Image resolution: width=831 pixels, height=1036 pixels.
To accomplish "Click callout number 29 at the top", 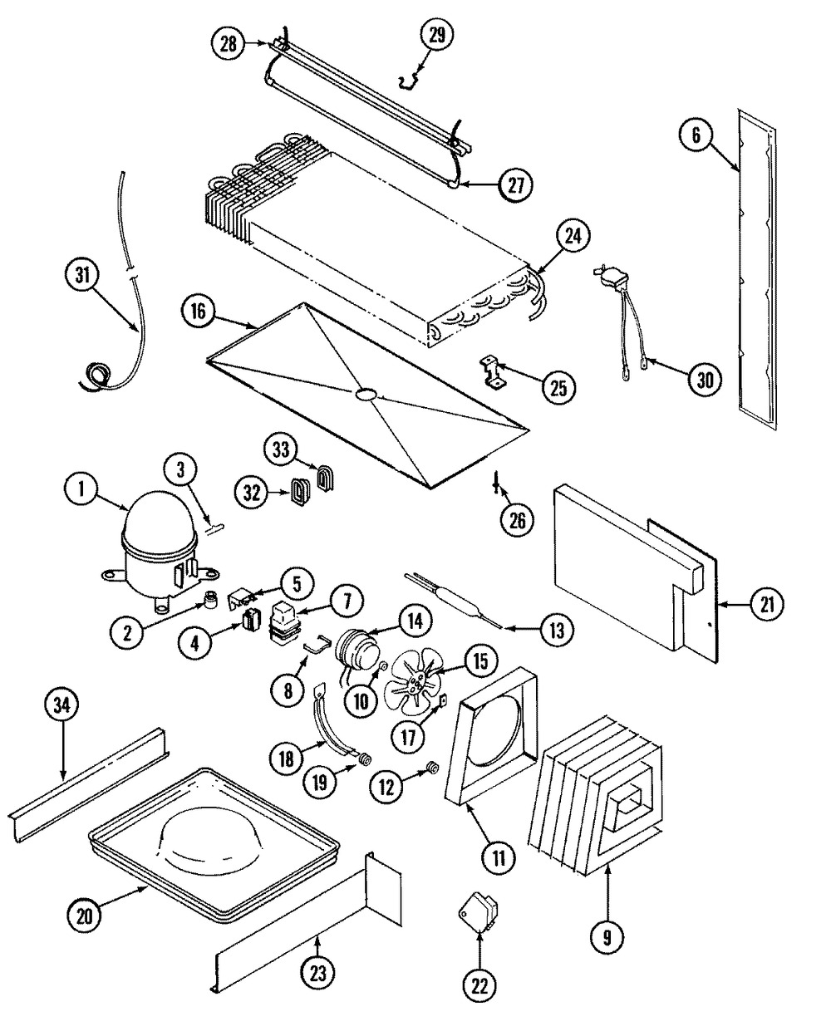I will pos(437,35).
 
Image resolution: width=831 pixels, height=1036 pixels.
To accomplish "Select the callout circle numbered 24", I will pos(574,237).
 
